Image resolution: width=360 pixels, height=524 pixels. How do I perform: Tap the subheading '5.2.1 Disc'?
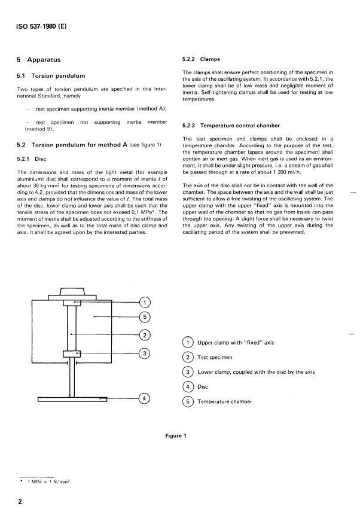pyautogui.click(x=34, y=159)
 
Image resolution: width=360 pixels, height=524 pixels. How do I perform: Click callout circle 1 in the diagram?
pyautogui.click(x=145, y=302)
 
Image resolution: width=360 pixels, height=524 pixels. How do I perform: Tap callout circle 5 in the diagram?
pyautogui.click(x=145, y=316)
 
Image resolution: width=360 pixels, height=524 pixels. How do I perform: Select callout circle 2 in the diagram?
pyautogui.click(x=145, y=334)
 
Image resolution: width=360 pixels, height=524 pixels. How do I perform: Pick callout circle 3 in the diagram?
pyautogui.click(x=145, y=354)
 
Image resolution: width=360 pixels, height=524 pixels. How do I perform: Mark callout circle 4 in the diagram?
pyautogui.click(x=145, y=397)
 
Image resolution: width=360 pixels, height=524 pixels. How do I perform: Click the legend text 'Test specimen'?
pyautogui.click(x=215, y=357)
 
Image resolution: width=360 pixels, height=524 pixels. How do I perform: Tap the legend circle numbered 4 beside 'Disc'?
pyautogui.click(x=188, y=387)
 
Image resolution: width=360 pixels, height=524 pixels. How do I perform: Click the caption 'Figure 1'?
pyautogui.click(x=176, y=435)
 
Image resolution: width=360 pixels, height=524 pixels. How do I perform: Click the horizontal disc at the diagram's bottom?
pyautogui.click(x=72, y=397)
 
